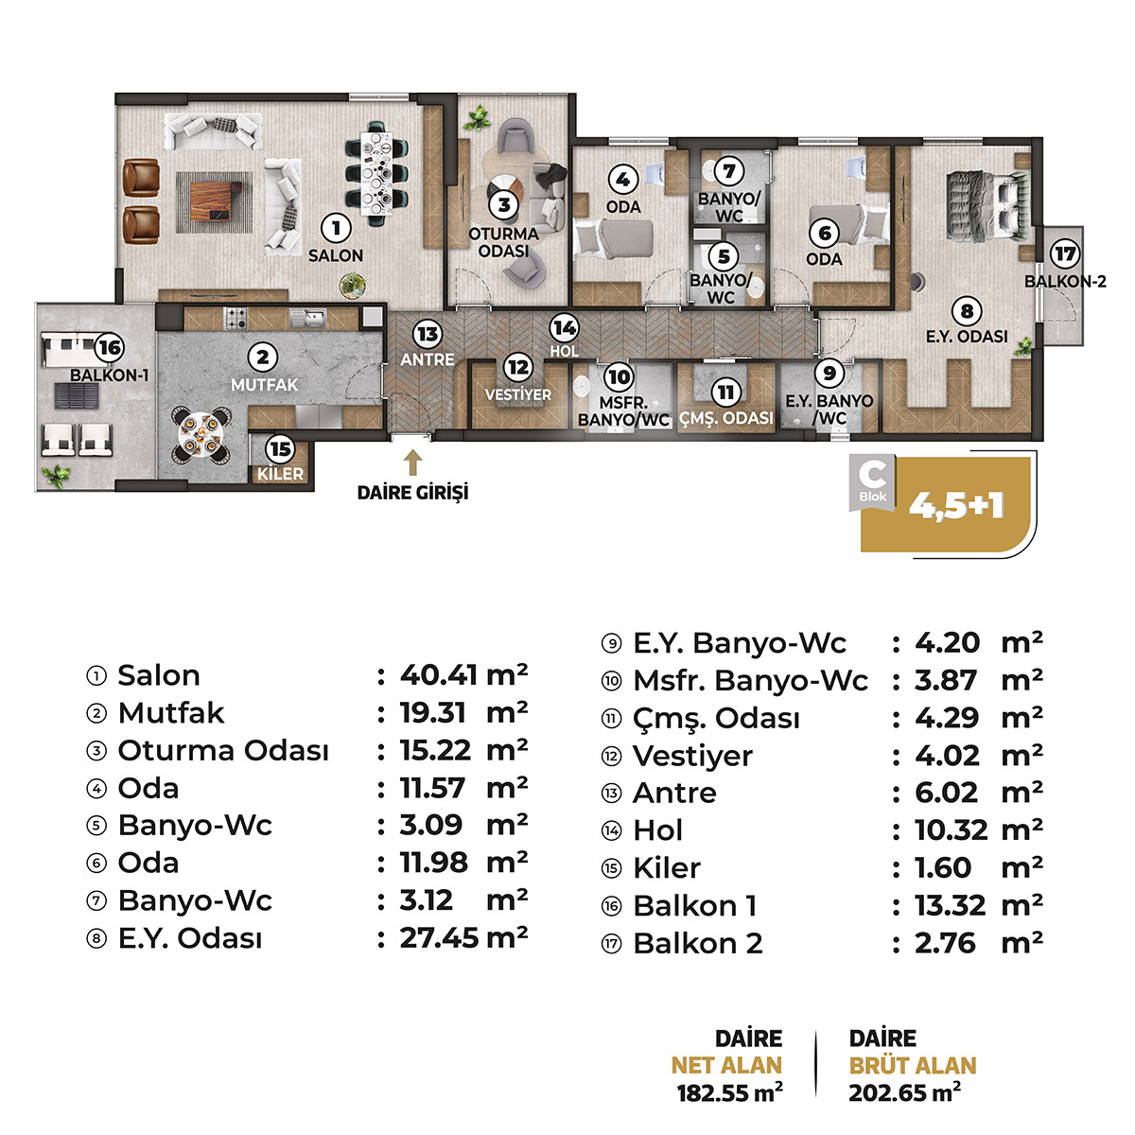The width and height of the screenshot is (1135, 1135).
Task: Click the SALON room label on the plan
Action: pos(336,255)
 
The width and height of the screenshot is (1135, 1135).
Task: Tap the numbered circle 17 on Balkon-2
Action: pos(1065,253)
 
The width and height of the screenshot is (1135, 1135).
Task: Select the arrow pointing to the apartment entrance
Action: pos(413,463)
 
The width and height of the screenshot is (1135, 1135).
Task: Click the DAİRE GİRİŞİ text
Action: pos(413,493)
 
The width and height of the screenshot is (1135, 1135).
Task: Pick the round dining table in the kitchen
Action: pos(201,435)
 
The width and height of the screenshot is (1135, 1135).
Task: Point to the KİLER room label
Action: pos(280,474)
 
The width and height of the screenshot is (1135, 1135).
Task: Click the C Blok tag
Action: pos(872,481)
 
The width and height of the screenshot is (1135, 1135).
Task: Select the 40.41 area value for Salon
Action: pos(438,675)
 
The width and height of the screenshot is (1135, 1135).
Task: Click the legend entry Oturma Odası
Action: pos(223,750)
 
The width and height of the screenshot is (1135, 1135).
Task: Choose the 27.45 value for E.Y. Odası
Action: pos(439,938)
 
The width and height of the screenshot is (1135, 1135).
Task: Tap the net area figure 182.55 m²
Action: pos(730,1093)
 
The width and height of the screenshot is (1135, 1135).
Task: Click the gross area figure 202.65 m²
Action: pos(904,1093)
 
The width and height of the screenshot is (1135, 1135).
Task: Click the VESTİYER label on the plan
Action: pos(518,394)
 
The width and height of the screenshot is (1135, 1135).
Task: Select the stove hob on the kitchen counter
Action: pos(236,319)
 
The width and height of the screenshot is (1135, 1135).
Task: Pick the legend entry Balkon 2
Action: pos(698,944)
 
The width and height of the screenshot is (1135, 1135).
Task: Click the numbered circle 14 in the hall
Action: pos(565,328)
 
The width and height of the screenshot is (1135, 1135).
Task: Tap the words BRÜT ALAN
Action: pos(913,1066)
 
